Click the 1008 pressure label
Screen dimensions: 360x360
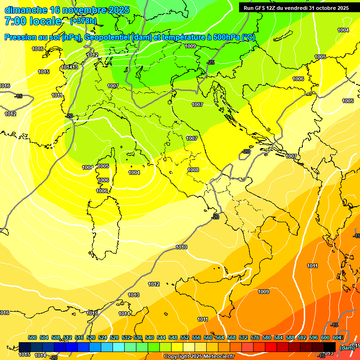[193, 170]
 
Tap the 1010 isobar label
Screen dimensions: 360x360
[181, 247]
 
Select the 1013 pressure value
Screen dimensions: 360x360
[134, 295]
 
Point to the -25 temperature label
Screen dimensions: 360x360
[211, 62]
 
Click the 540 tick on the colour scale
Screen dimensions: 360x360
[150, 337]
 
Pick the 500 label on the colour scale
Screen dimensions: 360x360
[32, 337]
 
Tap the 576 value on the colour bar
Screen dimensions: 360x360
[255, 337]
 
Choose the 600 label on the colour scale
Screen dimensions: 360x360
[325, 337]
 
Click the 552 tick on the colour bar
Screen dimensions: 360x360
[185, 337]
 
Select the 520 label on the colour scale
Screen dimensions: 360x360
[91, 337]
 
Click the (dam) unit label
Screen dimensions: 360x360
[346, 348]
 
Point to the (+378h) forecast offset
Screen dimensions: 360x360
[83, 21]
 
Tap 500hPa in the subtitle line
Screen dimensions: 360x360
[224, 37]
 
